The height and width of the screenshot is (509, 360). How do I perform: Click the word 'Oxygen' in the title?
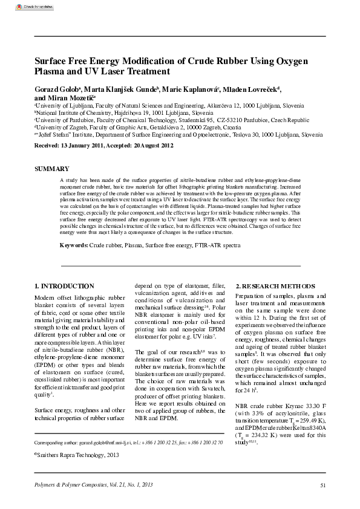pos(287,62)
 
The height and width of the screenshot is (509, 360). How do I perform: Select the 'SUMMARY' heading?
pos(51,168)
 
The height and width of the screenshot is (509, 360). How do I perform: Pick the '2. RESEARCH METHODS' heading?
pos(272,285)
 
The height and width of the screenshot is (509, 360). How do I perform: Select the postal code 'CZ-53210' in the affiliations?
pos(230,120)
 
